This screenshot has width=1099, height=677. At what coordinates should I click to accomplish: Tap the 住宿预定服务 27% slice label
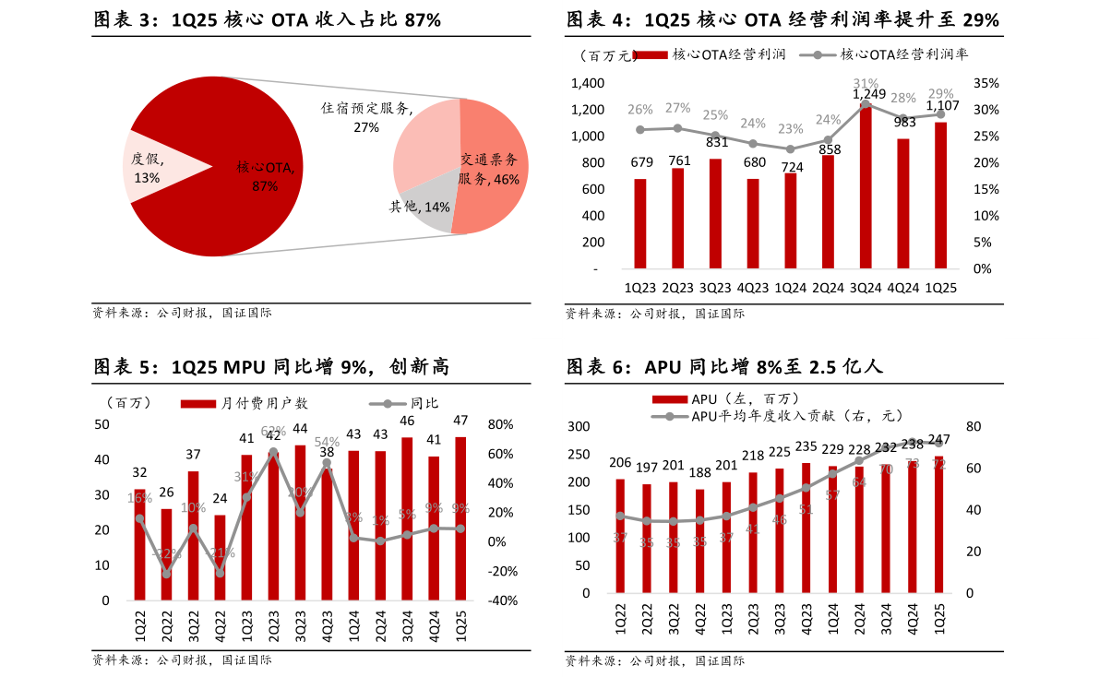point(366,117)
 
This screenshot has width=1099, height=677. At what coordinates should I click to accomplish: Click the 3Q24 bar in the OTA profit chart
point(866,184)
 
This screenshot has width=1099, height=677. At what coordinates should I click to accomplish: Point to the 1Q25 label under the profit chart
point(940,287)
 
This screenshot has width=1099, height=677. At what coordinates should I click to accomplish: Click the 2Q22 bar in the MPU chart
point(166,553)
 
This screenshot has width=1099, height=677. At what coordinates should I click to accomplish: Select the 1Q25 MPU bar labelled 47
point(460,517)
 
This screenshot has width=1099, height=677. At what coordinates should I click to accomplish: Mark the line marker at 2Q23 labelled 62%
point(273,452)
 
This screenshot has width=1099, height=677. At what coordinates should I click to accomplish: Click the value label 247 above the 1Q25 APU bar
point(938,439)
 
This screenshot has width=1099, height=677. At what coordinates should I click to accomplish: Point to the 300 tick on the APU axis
point(579,426)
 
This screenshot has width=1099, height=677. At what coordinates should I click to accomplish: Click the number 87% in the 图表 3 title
point(422,19)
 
